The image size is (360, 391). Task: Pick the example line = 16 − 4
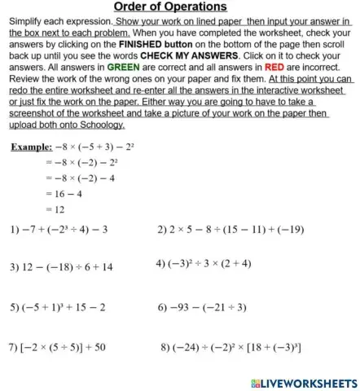(x=66, y=194)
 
